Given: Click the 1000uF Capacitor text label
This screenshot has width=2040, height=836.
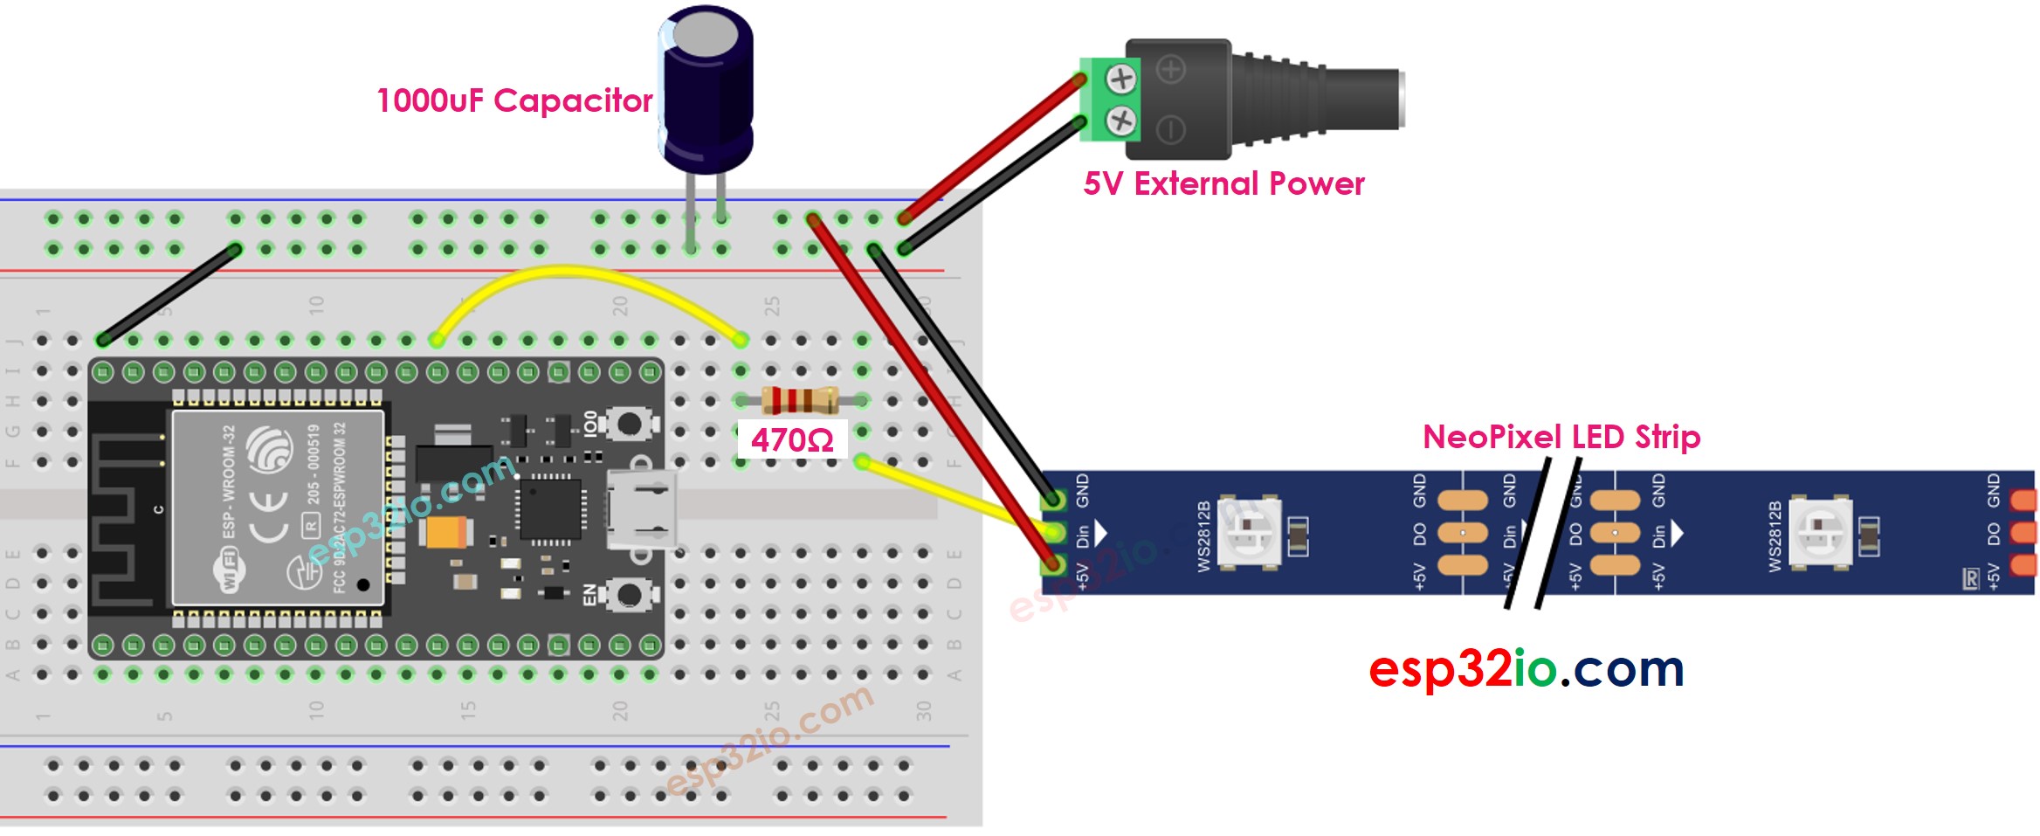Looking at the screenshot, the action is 514,100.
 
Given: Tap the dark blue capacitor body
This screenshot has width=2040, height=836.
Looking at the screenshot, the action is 706,96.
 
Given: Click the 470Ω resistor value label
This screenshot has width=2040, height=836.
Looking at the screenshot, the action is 792,439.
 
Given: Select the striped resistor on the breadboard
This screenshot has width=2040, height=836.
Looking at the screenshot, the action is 800,400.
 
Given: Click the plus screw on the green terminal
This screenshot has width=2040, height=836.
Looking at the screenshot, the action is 1121,79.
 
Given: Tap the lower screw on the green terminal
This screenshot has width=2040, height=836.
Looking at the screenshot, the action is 1121,121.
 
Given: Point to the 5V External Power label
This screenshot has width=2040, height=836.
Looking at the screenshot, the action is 1223,183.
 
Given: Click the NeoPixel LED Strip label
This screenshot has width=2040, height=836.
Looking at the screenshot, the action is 1561,437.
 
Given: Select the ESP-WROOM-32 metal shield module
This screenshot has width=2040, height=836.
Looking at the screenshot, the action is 278,507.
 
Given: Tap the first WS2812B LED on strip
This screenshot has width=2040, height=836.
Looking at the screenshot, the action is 1250,532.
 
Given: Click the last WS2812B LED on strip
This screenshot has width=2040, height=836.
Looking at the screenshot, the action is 1820,531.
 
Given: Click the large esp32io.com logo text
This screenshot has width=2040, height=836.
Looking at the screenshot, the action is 1526,669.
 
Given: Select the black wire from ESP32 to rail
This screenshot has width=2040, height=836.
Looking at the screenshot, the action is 169,294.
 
